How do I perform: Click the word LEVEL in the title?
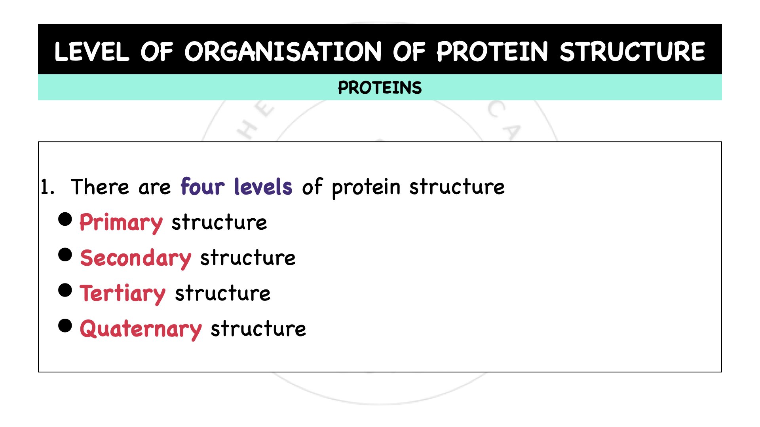[91, 52]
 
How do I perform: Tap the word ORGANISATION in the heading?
[283, 52]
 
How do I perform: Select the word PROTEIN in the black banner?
[492, 52]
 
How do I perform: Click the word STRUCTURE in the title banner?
[632, 52]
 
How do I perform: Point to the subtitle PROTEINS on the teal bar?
[380, 88]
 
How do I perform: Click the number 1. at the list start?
[47, 187]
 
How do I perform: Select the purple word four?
[202, 187]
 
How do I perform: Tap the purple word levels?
[263, 187]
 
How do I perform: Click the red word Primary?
[121, 223]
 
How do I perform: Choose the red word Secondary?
[135, 258]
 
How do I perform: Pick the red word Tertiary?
[122, 294]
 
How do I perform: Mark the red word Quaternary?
[141, 329]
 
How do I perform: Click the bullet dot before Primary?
[65, 219]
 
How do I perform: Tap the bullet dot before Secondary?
[65, 255]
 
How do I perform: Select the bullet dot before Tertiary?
[65, 290]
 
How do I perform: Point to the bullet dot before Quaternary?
[65, 326]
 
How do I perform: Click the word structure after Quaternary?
[258, 329]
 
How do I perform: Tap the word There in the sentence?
[100, 187]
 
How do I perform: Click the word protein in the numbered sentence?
[366, 187]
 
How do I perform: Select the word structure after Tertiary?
[222, 293]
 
